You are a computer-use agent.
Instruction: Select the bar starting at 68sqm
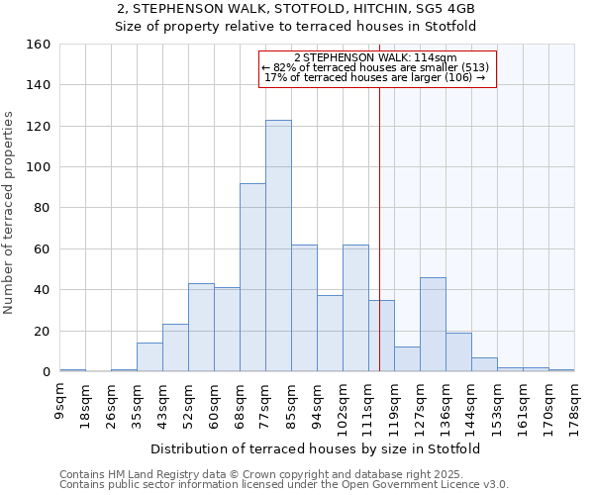click(252, 277)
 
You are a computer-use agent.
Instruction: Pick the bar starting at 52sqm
click(201, 328)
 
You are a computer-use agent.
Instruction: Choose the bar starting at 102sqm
click(355, 308)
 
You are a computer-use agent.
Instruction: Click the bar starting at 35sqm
click(149, 357)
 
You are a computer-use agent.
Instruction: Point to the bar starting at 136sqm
click(458, 352)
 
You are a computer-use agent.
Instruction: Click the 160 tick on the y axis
click(39, 45)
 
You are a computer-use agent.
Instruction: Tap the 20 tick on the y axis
click(43, 331)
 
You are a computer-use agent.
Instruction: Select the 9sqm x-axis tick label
click(60, 401)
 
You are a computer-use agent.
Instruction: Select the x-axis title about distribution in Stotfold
click(317, 448)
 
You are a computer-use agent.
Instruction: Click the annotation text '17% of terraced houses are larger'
click(376, 77)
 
